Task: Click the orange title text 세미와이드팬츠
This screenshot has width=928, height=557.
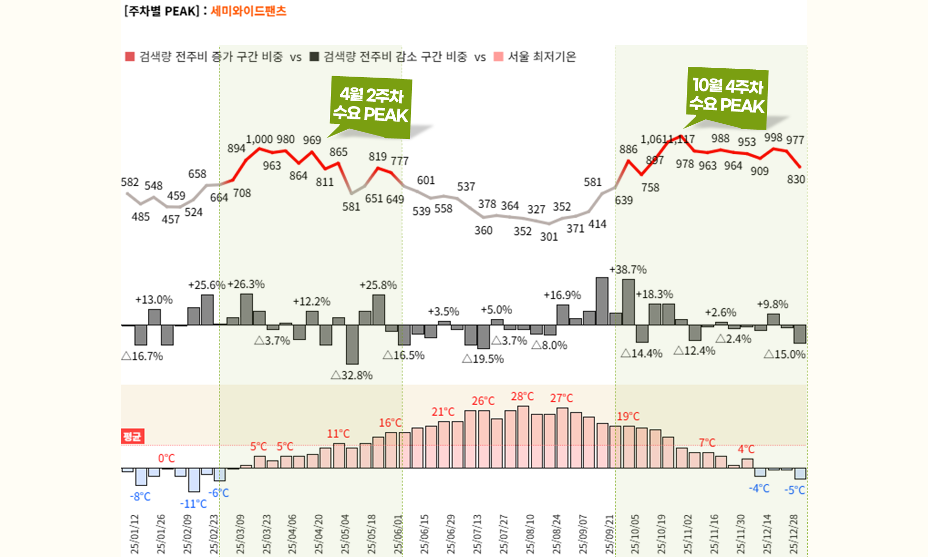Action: (x=248, y=11)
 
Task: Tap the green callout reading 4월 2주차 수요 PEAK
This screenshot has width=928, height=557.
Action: (x=371, y=105)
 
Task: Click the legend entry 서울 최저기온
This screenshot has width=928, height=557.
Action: (x=541, y=57)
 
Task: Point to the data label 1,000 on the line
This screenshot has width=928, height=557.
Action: (x=259, y=139)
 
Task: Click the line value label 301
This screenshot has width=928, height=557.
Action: (x=549, y=237)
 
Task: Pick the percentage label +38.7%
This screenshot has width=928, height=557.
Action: (x=628, y=270)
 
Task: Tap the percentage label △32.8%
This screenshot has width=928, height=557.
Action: (x=352, y=375)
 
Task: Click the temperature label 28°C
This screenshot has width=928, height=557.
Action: (x=522, y=396)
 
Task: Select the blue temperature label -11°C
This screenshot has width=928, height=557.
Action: (x=193, y=504)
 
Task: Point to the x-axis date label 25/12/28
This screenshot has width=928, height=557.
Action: (x=793, y=534)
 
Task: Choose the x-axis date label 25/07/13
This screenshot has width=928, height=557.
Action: (x=477, y=534)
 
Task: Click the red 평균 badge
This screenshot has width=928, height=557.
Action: (x=132, y=436)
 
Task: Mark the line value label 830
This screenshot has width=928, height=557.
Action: (x=796, y=179)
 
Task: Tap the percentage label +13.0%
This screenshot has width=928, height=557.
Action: (x=154, y=300)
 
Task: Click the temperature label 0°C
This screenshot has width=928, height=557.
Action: (x=166, y=458)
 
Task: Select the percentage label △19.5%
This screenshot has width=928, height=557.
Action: (x=483, y=359)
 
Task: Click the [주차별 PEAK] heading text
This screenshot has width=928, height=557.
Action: (x=162, y=11)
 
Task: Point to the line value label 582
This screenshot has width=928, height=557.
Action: (x=130, y=182)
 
